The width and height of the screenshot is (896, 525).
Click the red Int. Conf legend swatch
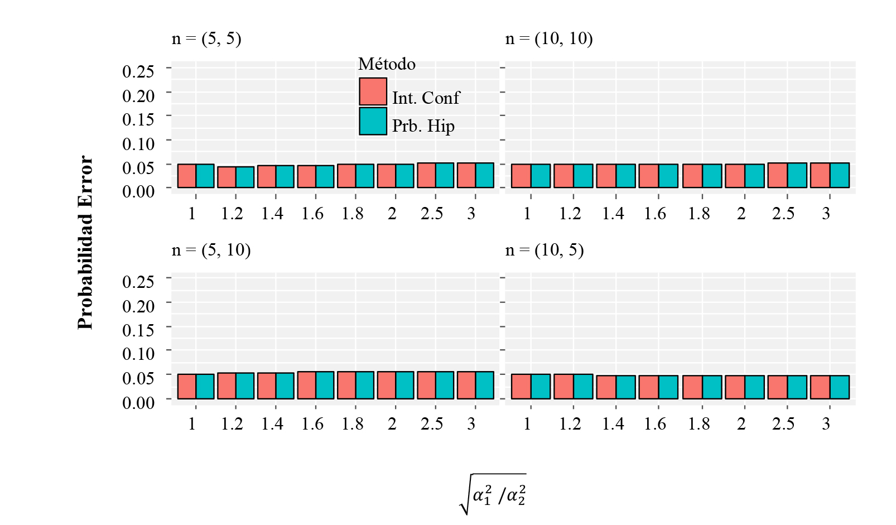coord(373,91)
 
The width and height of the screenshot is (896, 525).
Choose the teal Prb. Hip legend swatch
coord(373,121)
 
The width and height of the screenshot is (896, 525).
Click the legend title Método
coord(387,64)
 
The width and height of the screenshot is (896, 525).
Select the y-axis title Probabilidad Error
coord(85,242)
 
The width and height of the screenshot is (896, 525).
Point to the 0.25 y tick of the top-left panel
coord(138,71)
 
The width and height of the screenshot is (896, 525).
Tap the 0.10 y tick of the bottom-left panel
coord(138,353)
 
